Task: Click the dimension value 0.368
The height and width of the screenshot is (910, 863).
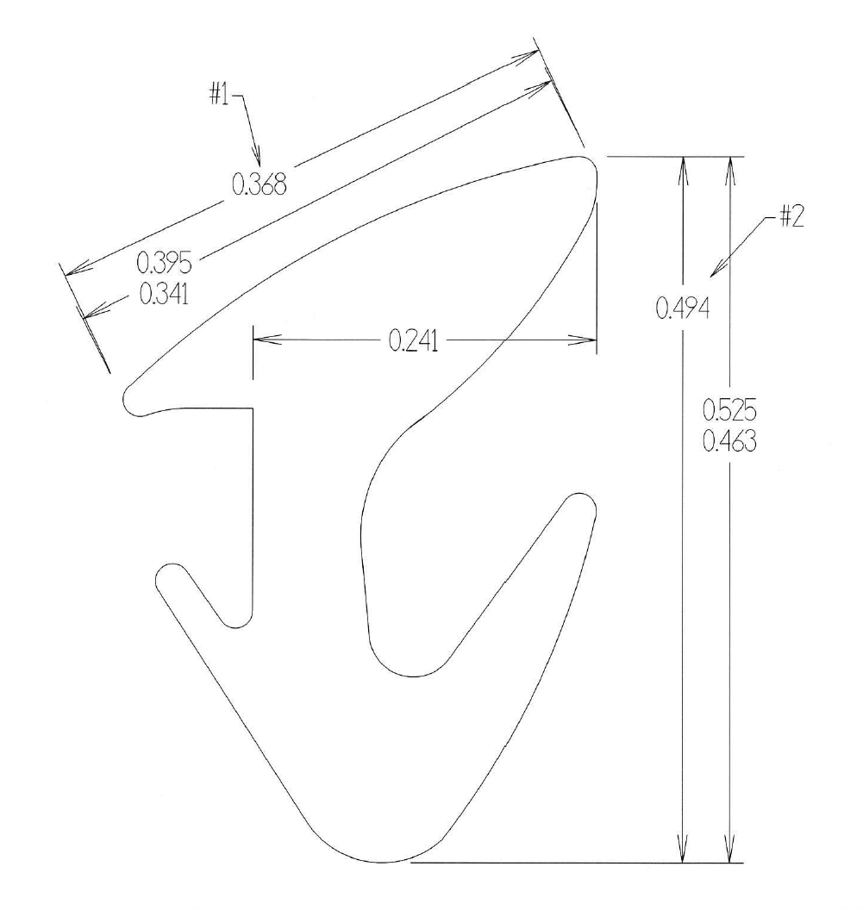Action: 259,185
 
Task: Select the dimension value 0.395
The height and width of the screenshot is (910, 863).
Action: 164,263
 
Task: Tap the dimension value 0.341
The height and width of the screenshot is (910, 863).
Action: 165,294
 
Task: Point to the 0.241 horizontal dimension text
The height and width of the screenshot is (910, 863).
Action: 413,341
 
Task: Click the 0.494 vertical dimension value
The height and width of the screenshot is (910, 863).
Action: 683,308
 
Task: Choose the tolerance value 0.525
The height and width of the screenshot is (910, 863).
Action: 729,410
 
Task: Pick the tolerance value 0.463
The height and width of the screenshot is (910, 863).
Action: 729,442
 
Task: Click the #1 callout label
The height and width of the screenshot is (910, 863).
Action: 219,95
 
